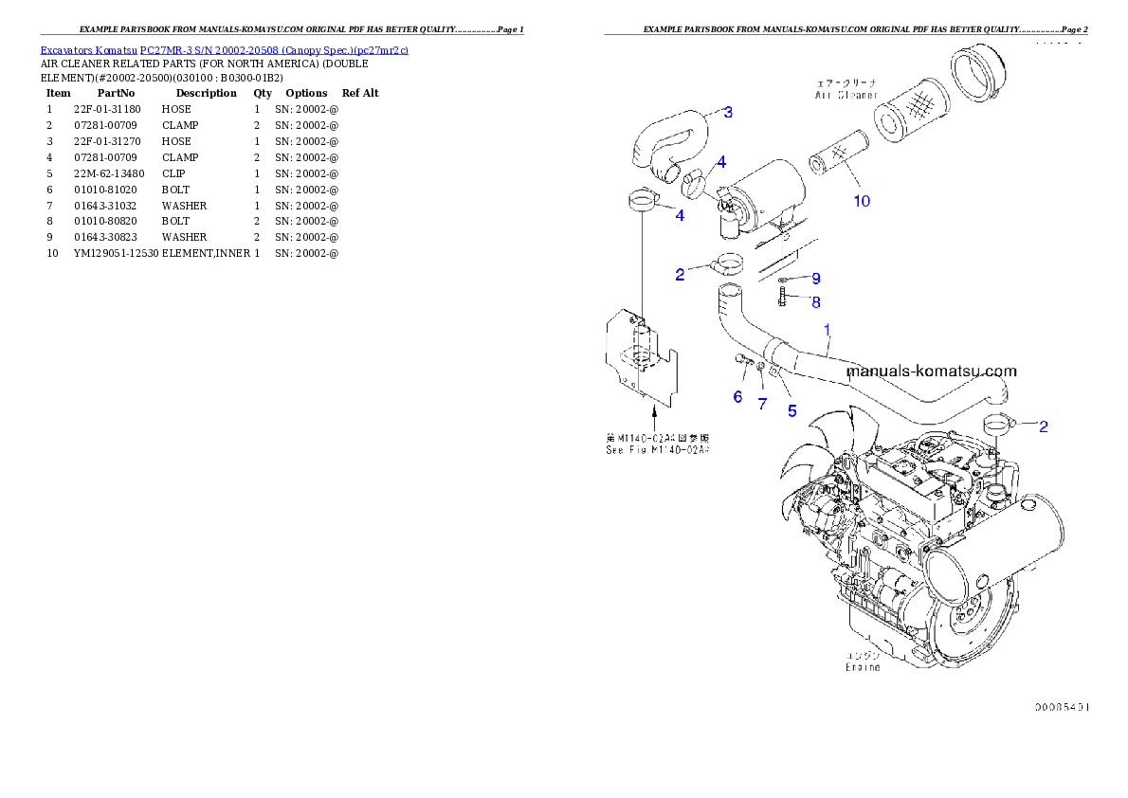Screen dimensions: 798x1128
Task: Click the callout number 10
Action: pos(861,201)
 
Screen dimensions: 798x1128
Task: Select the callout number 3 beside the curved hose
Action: pos(727,113)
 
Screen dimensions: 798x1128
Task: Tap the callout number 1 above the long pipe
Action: pos(827,330)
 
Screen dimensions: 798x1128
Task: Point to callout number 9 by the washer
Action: pos(815,279)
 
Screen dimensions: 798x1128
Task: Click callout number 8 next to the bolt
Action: pos(815,302)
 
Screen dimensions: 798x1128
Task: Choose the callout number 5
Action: pos(792,411)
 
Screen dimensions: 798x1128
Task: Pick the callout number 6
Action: pos(737,397)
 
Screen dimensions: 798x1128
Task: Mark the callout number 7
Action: pos(761,405)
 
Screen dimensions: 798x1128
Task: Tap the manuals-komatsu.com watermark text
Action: pos(930,372)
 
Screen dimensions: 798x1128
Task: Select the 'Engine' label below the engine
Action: pos(863,667)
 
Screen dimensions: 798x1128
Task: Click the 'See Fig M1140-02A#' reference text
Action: pos(658,450)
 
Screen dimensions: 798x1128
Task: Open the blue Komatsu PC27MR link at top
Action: pos(224,50)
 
